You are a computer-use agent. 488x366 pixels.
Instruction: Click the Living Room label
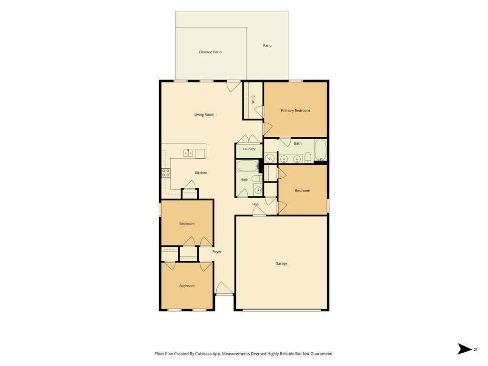point(204,114)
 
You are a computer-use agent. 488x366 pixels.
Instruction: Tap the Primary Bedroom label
point(295,111)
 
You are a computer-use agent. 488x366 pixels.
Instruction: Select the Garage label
point(281,264)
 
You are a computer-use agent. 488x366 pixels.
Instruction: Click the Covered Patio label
point(210,52)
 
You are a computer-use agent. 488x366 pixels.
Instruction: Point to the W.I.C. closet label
point(253,99)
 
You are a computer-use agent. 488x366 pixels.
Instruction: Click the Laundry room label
point(249,149)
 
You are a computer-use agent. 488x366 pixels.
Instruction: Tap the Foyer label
point(217,252)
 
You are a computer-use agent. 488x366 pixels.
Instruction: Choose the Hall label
point(255,204)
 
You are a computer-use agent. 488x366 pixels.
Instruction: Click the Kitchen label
point(201,173)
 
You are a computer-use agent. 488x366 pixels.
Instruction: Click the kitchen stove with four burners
point(166,173)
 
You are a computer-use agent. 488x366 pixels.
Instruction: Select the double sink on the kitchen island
point(188,153)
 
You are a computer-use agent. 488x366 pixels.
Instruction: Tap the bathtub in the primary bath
point(320,150)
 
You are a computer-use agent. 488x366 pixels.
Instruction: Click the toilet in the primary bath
point(307,158)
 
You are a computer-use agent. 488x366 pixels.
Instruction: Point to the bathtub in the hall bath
point(248,166)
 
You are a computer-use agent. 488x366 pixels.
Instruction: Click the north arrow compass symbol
point(465,349)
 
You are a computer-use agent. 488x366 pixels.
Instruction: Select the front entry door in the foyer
point(224,288)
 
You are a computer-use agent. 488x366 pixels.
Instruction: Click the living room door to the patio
point(234,86)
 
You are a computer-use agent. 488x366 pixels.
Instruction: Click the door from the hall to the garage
point(259,211)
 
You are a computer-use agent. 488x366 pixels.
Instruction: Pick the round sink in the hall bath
point(258,190)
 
